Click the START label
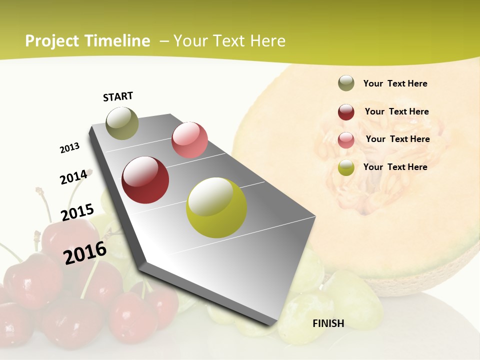click(118, 96)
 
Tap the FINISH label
click(328, 323)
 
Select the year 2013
click(70, 148)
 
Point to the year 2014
click(73, 177)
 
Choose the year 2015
click(77, 213)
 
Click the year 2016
click(85, 252)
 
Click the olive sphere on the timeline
click(122, 123)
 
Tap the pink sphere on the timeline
click(189, 140)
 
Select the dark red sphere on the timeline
click(145, 180)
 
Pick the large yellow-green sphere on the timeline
click(216, 207)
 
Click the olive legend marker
click(346, 83)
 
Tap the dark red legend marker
click(346, 111)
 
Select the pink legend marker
click(346, 139)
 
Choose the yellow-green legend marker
click(346, 167)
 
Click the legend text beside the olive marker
click(395, 83)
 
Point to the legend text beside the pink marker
click(397, 139)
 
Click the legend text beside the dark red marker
click(396, 111)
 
